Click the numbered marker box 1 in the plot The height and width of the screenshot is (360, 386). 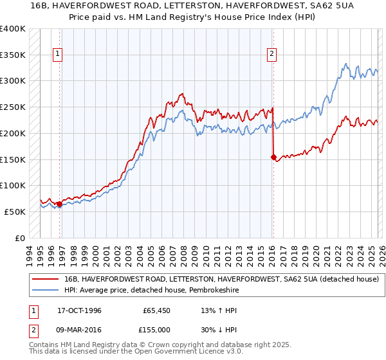[58, 55]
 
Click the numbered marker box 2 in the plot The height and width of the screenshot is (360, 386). [272, 55]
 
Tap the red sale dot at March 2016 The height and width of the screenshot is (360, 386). [273, 156]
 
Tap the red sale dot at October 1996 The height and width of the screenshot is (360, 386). [59, 204]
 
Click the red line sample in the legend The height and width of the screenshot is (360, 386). [46, 279]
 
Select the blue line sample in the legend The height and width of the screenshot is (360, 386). [46, 290]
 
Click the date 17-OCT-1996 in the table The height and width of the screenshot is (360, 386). [80, 310]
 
